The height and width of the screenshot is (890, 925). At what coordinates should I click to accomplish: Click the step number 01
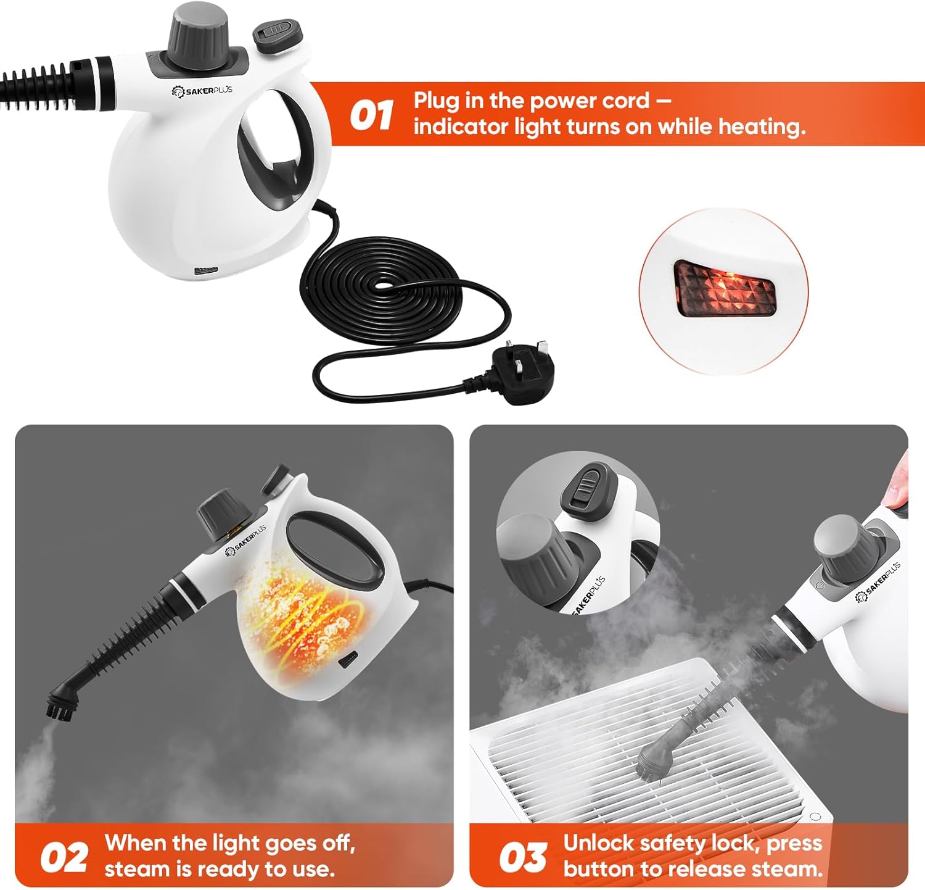point(372,115)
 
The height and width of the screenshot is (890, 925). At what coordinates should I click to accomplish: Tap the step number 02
point(64,858)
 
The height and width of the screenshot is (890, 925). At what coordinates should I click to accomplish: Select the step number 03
point(522,858)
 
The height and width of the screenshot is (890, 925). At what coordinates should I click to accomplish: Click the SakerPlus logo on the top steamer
point(202,91)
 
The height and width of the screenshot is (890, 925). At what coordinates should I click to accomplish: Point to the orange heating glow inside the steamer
point(302,623)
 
